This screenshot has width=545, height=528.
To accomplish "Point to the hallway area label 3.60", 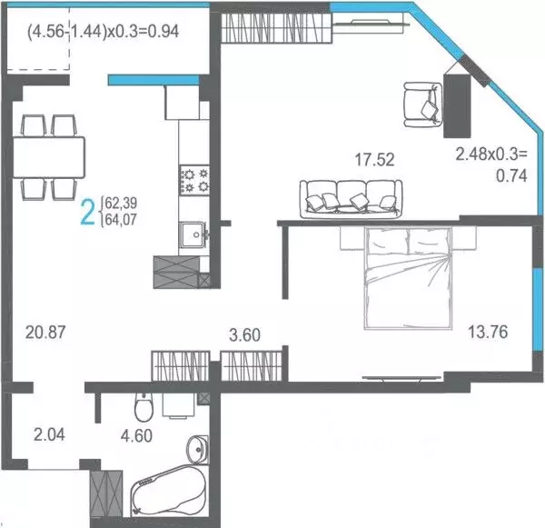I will pos(244,334).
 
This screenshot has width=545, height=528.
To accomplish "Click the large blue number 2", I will pos(88,211).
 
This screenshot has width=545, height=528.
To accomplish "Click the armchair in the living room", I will pos(421,102).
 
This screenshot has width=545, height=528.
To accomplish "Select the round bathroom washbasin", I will pos(198,450).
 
